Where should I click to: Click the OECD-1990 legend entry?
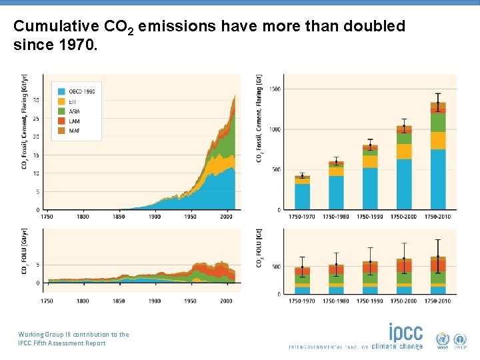tap(77, 91)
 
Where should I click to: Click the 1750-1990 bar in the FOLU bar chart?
tap(370, 277)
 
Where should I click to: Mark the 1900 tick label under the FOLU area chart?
tap(154, 301)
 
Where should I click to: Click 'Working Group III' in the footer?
tap(45, 335)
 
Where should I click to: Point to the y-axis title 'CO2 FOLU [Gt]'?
tap(259, 250)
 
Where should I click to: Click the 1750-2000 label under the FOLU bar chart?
tap(404, 301)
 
